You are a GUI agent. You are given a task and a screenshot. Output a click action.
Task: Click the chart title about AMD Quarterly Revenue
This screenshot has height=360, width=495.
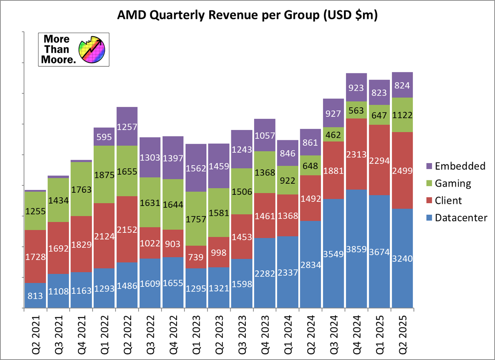tap(247, 15)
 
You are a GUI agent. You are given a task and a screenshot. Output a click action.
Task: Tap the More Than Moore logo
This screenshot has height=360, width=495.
tap(74, 50)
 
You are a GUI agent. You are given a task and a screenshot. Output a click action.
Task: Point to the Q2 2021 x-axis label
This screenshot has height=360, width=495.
tap(35, 332)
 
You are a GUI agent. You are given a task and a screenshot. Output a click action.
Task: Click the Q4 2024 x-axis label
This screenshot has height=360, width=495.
tap(356, 332)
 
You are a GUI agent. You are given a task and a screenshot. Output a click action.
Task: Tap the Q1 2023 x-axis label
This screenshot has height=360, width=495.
tap(196, 332)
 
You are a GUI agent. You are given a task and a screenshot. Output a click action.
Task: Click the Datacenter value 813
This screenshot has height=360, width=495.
tap(35, 295)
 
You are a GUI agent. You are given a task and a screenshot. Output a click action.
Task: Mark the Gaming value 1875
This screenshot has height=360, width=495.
tap(104, 175)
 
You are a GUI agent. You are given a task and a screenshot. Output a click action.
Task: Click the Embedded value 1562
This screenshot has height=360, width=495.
tap(196, 168)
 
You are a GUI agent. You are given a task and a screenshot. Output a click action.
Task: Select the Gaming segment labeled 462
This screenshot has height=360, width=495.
tap(334, 135)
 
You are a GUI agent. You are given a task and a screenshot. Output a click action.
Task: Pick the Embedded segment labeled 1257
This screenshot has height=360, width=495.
tap(127, 127)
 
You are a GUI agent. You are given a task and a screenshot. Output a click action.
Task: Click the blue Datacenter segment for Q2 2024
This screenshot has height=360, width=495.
tap(311, 265)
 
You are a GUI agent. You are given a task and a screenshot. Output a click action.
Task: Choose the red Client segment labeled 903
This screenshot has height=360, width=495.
tap(173, 244)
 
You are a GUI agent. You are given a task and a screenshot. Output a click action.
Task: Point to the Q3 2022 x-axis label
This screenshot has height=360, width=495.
tap(150, 332)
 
